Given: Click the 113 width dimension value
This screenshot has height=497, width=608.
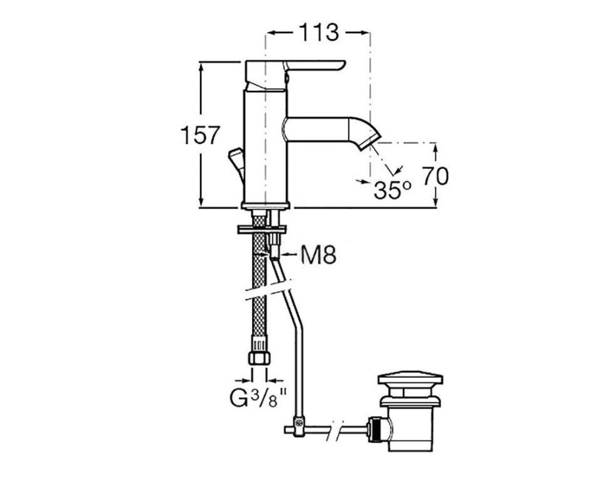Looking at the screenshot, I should [318, 33].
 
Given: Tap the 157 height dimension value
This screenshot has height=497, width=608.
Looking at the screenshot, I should [200, 135].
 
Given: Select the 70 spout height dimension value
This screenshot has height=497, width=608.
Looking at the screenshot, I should [435, 176].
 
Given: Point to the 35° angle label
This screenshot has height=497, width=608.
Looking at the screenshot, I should [392, 190].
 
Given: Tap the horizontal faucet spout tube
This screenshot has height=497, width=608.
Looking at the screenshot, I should [322, 130].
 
